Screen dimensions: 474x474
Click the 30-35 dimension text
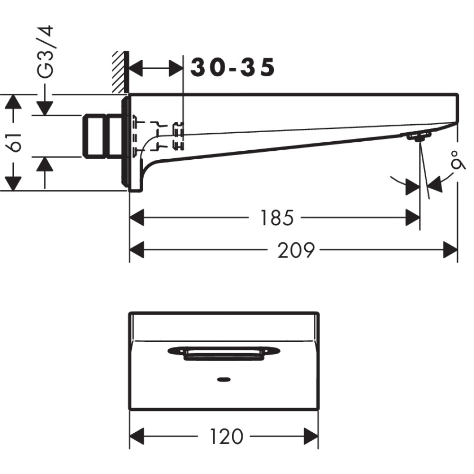233,68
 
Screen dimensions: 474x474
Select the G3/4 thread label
46,52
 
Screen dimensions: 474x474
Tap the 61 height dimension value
16,141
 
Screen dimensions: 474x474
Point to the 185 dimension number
277,218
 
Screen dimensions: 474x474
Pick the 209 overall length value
296,250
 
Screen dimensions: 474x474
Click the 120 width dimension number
226,437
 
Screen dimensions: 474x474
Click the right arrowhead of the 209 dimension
450,249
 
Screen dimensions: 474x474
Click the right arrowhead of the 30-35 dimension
176,68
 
